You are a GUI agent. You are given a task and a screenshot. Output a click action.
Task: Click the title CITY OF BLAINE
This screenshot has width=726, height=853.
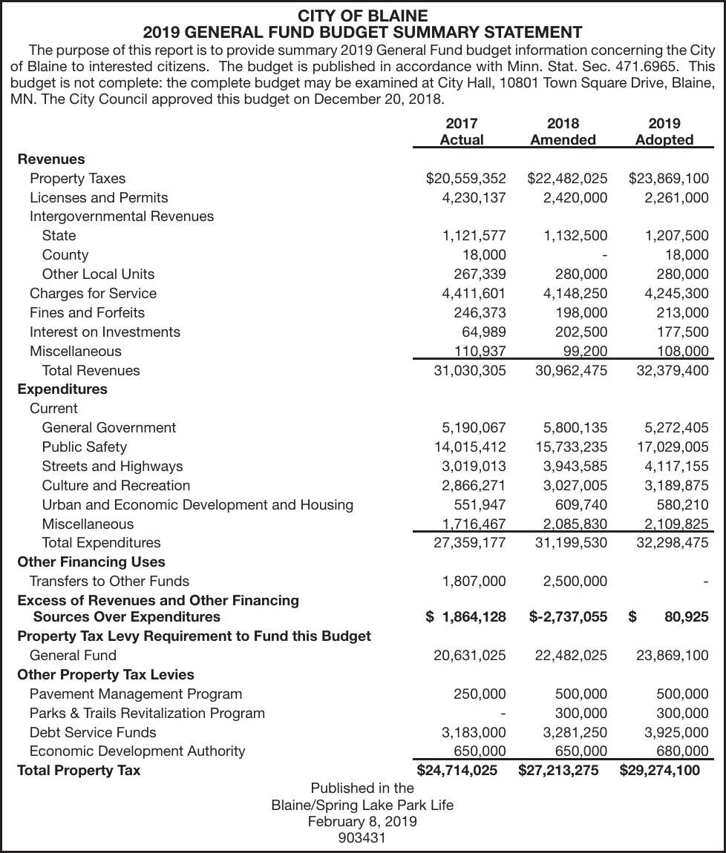pos(362,16)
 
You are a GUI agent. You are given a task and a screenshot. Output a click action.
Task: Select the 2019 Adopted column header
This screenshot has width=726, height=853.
pos(664,131)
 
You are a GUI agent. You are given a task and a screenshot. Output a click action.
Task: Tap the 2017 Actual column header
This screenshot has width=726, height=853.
pos(461,131)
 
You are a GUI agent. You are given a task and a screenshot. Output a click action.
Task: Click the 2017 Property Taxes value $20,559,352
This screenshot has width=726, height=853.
pos(465,178)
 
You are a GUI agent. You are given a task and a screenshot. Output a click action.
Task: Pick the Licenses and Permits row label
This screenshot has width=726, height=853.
pos(99,197)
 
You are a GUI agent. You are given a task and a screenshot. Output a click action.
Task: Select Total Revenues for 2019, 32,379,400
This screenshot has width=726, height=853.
pos(672,370)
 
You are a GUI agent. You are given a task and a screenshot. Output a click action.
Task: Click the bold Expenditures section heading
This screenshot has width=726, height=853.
pos(62,389)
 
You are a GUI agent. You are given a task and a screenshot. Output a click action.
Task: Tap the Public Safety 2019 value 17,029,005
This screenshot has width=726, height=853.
pos(672,447)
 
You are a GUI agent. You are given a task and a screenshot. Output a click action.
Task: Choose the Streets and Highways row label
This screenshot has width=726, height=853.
pos(112,466)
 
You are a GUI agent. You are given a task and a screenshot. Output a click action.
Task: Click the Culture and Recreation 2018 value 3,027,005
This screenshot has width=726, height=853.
pos(575,485)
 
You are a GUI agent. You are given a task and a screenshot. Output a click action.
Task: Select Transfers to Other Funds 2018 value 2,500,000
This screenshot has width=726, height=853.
pos(575,581)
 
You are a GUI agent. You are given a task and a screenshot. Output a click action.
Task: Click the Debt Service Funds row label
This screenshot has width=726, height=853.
pos(93,732)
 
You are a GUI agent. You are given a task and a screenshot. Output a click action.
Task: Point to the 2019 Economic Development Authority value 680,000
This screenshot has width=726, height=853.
pos(682,751)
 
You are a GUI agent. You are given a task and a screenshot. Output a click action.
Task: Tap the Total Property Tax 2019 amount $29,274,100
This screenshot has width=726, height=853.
pos(659,770)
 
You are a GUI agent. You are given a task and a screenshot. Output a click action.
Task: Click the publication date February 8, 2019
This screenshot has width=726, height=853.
pos(362,821)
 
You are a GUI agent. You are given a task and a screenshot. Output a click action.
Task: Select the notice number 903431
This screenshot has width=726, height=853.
pos(362,837)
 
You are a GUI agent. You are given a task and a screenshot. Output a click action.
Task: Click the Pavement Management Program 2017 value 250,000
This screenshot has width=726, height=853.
pos(480,694)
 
